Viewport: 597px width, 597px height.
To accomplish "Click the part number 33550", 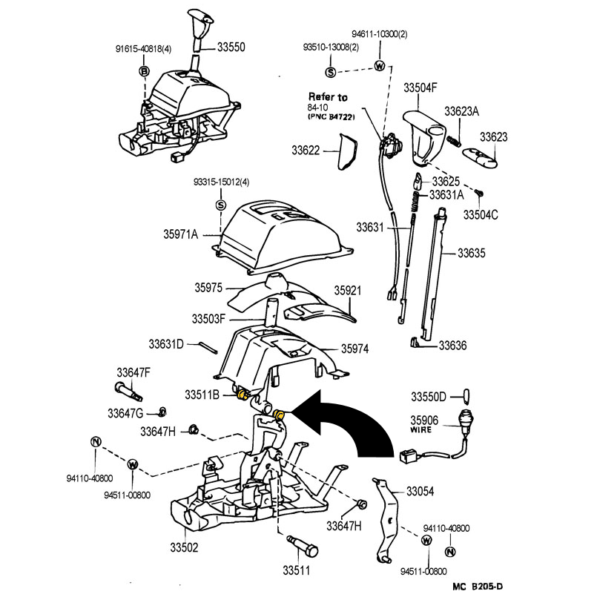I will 231,47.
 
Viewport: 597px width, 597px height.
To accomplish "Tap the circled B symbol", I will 145,71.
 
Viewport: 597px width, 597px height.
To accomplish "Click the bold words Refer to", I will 328,97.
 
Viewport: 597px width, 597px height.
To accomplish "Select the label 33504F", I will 420,88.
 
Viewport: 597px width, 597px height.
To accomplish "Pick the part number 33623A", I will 462,111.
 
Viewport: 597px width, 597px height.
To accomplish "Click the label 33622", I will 306,150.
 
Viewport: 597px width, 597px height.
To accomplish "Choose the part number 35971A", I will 181,234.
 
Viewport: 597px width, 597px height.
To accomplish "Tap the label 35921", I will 347,291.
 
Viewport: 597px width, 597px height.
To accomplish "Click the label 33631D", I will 166,343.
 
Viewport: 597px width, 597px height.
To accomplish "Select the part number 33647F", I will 133,372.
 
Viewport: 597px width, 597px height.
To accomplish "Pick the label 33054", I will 420,492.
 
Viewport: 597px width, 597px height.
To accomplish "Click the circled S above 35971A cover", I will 220,205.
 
